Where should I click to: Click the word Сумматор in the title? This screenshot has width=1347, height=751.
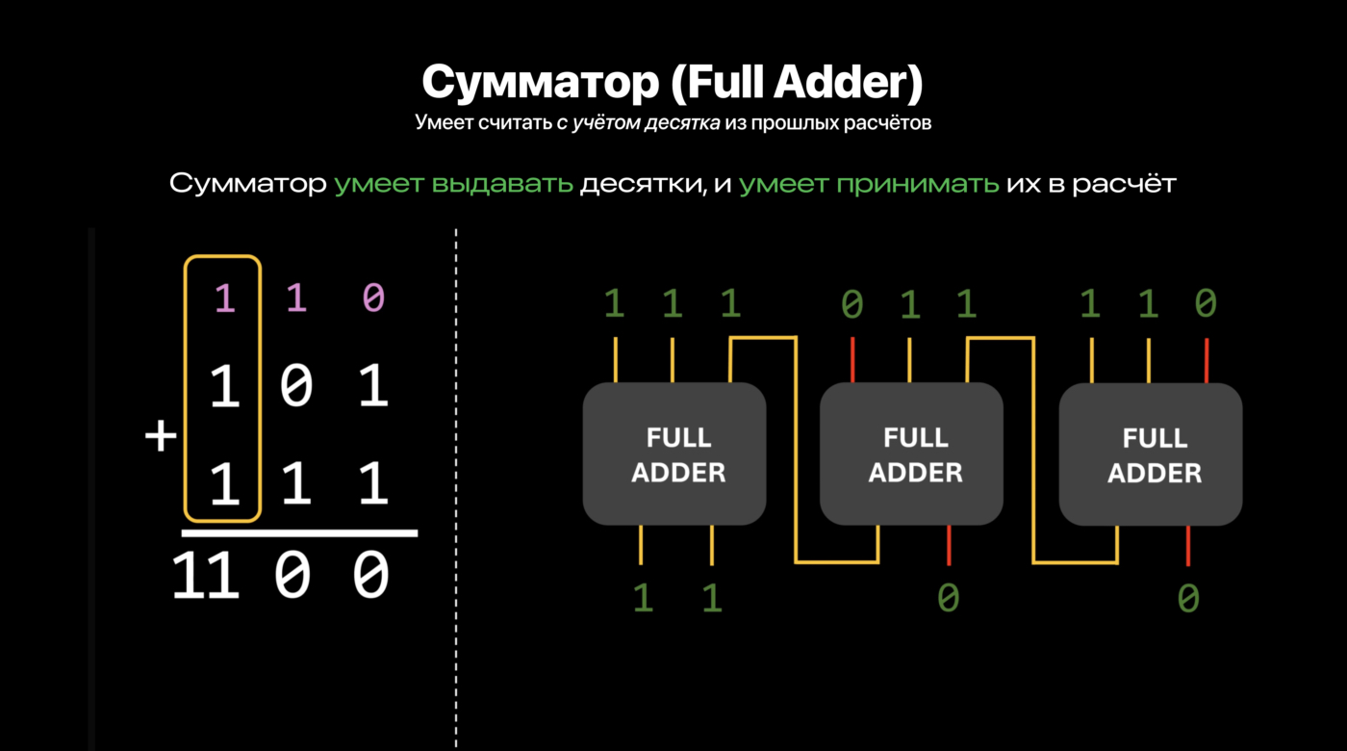point(538,84)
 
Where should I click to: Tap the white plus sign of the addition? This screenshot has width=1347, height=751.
point(161,437)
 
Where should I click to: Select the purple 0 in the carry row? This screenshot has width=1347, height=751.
point(373,298)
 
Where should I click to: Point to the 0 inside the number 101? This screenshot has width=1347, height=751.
point(296,387)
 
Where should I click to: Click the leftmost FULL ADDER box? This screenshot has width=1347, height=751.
point(673,453)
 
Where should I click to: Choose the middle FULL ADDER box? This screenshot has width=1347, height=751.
point(910,453)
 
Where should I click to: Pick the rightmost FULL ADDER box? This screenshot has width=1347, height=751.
point(1150,453)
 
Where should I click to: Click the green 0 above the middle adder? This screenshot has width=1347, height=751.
point(851,306)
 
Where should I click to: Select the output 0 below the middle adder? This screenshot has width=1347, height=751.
point(949,599)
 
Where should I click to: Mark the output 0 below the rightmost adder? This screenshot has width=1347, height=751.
point(1188,599)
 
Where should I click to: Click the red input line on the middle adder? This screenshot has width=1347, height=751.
point(851,359)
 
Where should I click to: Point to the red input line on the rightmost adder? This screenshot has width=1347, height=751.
point(1207,359)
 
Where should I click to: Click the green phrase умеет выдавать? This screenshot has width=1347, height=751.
point(453,184)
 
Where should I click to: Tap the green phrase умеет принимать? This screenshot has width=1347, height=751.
point(869,184)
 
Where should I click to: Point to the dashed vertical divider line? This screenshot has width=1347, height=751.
point(456,481)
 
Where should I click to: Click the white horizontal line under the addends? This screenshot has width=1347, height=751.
point(299,531)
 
